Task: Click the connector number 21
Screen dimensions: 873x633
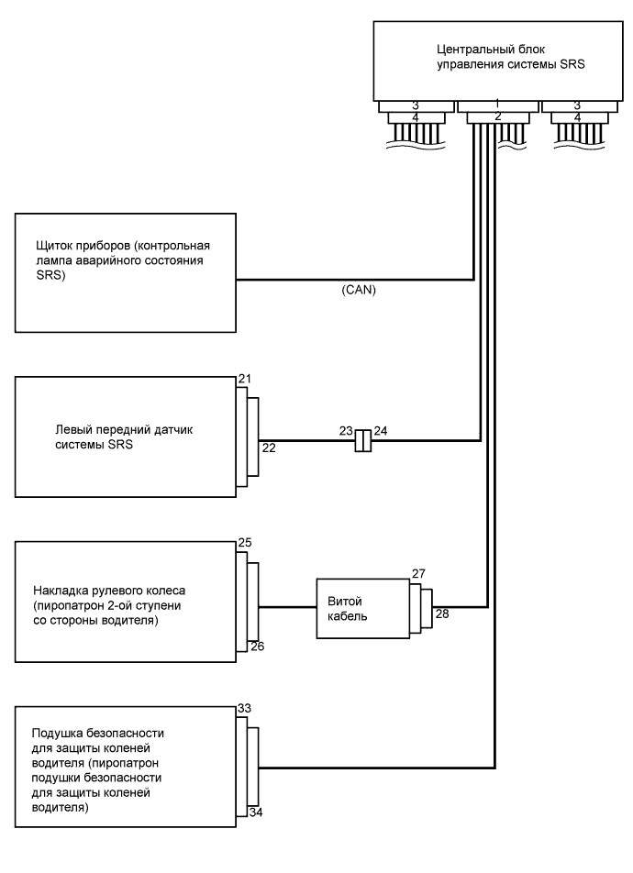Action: (244, 379)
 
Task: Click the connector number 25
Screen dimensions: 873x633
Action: (244, 544)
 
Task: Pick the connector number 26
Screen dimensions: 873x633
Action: (258, 646)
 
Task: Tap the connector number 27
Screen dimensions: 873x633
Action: (418, 573)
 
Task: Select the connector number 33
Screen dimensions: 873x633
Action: (244, 708)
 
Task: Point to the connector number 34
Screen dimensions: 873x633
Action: (258, 813)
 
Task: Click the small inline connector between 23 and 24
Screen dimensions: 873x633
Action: (363, 441)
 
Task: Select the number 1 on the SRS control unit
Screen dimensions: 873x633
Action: (496, 105)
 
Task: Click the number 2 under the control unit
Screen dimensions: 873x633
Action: (496, 117)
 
